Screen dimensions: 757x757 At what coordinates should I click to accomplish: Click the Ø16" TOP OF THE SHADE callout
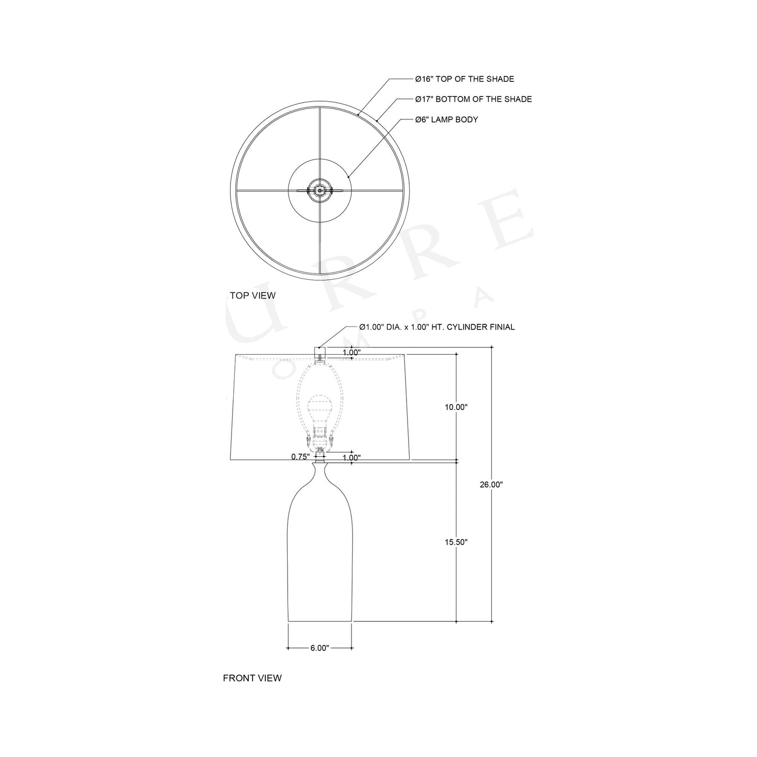[x=464, y=79]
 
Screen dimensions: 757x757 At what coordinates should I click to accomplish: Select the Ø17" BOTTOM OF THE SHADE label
[x=473, y=99]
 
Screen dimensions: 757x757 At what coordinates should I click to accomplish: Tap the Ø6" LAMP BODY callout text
[x=446, y=119]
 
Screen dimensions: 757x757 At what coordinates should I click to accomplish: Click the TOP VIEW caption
[x=253, y=295]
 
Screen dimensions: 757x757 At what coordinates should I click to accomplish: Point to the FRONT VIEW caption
[x=252, y=678]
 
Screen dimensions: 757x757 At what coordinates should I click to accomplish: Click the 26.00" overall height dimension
[x=491, y=485]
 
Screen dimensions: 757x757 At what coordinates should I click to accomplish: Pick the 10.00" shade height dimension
[x=456, y=407]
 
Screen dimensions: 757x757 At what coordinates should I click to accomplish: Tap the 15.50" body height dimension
[x=456, y=542]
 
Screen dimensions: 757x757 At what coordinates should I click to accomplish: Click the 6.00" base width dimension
[x=320, y=648]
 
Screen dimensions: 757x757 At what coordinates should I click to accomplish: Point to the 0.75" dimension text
[x=300, y=457]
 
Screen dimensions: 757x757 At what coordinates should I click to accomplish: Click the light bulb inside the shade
[x=320, y=408]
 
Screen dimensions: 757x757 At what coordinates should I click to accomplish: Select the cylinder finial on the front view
[x=320, y=352]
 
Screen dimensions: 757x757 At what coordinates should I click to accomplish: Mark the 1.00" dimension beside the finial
[x=352, y=353]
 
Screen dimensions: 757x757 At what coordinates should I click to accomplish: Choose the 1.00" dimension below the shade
[x=352, y=457]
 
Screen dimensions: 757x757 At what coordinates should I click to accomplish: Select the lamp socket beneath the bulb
[x=320, y=435]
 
